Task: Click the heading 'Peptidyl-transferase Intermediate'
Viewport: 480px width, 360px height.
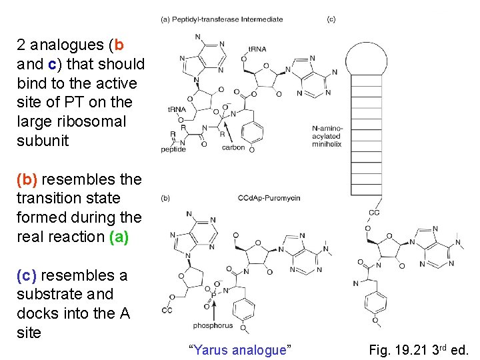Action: (227, 19)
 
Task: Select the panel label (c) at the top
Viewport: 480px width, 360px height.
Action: (331, 19)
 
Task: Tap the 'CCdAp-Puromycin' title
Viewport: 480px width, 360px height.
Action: (269, 198)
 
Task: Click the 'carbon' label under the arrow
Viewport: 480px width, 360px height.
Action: (233, 147)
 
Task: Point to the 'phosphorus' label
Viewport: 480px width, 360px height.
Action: (213, 325)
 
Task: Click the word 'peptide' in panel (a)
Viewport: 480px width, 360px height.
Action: (173, 149)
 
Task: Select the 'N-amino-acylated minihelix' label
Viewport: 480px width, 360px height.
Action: (326, 135)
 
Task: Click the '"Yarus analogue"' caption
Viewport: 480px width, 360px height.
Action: (241, 349)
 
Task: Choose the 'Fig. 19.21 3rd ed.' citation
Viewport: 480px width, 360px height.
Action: (419, 349)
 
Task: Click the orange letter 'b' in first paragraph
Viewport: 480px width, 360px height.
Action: (119, 45)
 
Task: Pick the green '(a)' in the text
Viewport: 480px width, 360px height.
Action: (118, 237)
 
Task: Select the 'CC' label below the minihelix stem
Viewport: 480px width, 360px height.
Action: (374, 213)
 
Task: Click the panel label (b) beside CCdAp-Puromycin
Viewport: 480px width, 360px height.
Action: (166, 198)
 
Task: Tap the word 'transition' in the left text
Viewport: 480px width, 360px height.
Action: (47, 199)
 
